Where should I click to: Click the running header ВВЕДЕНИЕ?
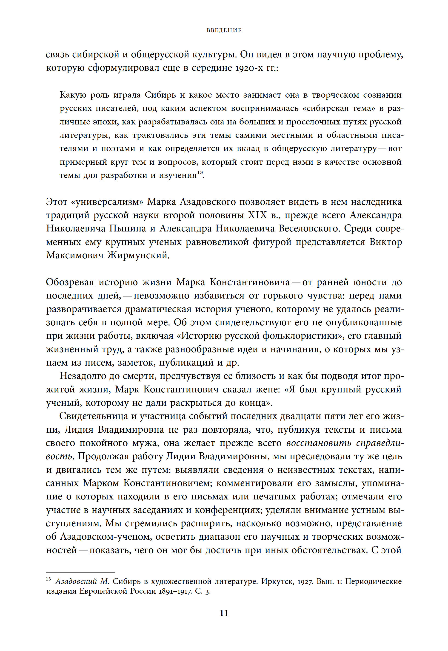224,30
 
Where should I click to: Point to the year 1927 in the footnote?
306,582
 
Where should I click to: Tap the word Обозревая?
70,282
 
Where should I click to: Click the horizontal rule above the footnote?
80,572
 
